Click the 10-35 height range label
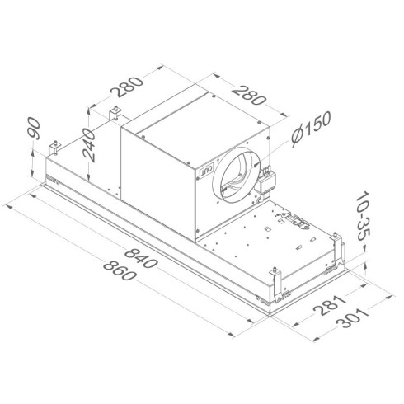point(368,216)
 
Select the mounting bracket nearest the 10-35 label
point(336,239)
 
